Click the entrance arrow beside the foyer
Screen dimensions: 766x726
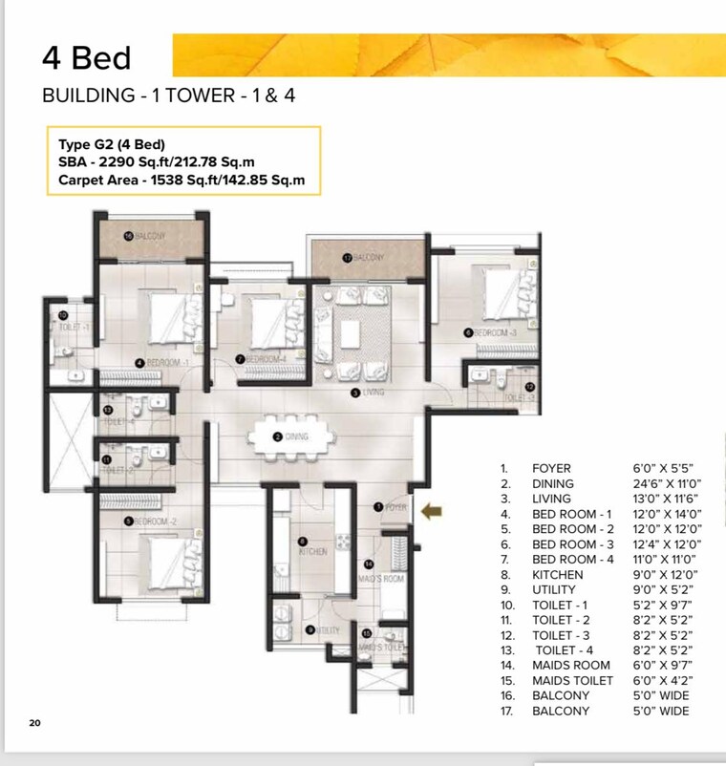[433, 514]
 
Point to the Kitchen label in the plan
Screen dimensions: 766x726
[312, 552]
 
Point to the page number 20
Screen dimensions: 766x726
[34, 723]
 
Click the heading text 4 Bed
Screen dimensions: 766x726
[85, 58]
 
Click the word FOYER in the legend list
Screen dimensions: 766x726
[551, 468]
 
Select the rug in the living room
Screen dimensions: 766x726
[351, 334]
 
